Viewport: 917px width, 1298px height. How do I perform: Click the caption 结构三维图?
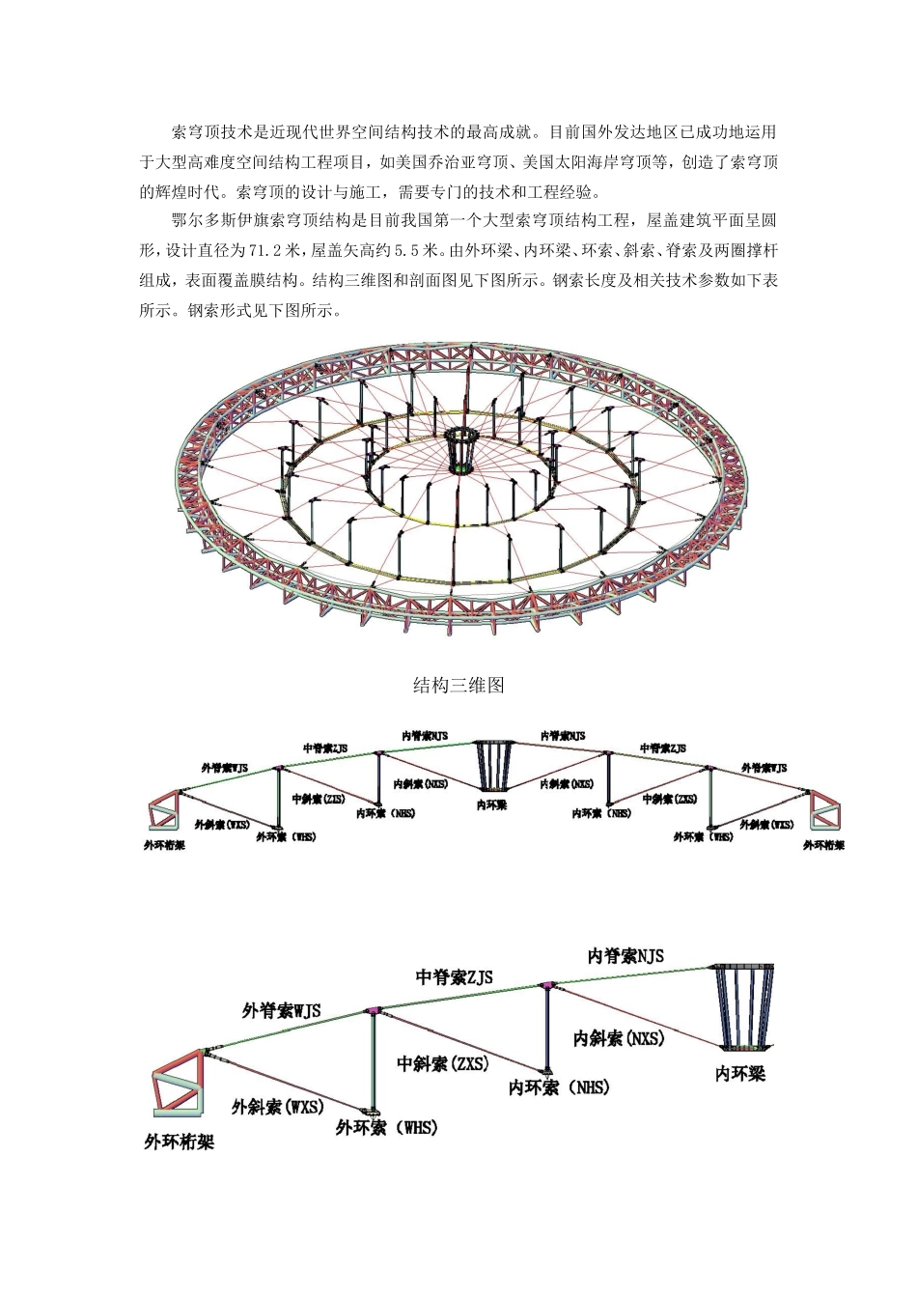click(458, 686)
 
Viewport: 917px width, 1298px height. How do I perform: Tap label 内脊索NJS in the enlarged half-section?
click(626, 956)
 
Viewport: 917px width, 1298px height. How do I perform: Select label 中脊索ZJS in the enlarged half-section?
click(454, 977)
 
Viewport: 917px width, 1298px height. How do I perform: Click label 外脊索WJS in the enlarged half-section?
click(281, 1011)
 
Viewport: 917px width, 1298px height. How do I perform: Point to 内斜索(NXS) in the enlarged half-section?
click(619, 1038)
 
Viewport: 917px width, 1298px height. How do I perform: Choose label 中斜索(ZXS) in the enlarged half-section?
click(443, 1063)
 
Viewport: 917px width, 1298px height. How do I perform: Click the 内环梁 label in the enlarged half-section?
click(739, 1073)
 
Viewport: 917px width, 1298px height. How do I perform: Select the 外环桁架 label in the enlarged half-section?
click(179, 1143)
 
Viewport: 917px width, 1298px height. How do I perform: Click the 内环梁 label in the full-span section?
click(491, 804)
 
